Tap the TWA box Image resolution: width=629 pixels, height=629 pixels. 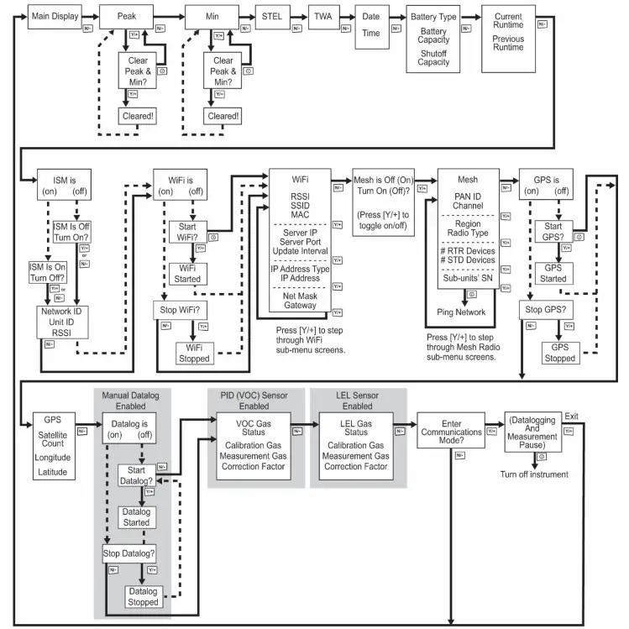[322, 16]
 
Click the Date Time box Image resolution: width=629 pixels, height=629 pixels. [370, 25]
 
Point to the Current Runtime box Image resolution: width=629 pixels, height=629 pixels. [508, 32]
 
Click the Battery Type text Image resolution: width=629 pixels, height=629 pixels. [433, 17]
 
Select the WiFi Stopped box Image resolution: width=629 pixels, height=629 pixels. [195, 352]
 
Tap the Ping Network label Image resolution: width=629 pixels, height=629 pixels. [461, 312]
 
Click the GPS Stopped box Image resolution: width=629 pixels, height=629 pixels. [560, 352]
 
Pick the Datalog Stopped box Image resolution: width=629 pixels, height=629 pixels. [144, 597]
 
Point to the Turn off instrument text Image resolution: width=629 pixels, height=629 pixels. [534, 474]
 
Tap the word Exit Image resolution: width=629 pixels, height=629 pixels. [571, 417]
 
